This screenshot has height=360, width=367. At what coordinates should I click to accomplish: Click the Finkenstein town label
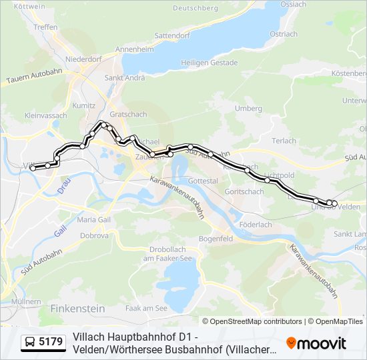click(x=77, y=309)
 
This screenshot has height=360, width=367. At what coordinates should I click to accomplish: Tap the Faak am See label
click(x=146, y=308)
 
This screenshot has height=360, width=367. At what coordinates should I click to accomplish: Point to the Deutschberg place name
click(x=196, y=8)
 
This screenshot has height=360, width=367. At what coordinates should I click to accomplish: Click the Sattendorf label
click(x=172, y=35)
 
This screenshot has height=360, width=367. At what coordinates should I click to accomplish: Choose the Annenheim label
click(x=135, y=49)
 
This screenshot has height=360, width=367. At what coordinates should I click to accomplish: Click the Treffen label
click(x=45, y=27)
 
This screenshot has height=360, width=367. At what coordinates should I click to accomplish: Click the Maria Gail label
click(x=94, y=219)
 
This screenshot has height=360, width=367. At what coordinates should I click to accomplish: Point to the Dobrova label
click(x=94, y=235)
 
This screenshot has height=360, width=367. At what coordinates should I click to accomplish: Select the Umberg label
click(x=248, y=108)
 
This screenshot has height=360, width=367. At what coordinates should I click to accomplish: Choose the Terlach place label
click(x=284, y=141)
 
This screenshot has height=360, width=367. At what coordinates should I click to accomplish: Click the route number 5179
click(x=51, y=342)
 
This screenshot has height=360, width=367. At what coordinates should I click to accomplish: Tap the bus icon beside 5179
click(x=30, y=342)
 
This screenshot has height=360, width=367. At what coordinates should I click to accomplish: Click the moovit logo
click(x=316, y=343)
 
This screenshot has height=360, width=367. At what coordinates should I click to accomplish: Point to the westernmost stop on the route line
click(x=33, y=168)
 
